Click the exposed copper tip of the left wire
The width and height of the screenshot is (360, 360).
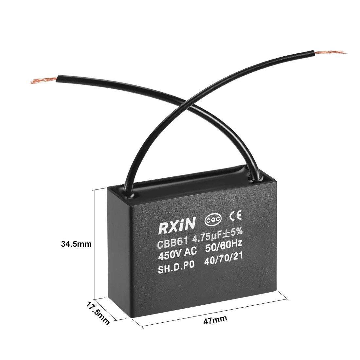click(43, 81)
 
